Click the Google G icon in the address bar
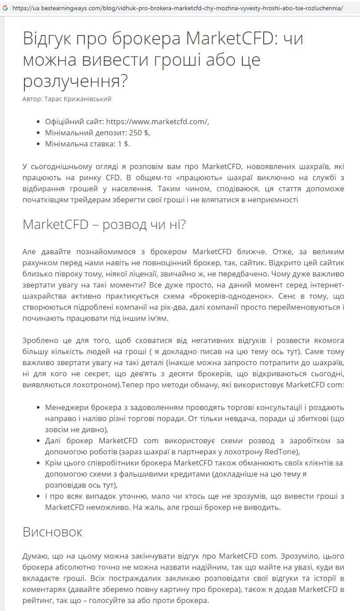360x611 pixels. click(x=5, y=8)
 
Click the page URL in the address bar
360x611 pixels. click(x=178, y=8)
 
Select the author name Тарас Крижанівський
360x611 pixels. click(x=78, y=99)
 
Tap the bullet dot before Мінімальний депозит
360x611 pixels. click(x=36, y=133)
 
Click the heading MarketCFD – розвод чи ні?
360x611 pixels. click(x=104, y=225)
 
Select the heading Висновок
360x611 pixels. click(x=52, y=532)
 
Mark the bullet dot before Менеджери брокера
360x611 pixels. click(x=36, y=407)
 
